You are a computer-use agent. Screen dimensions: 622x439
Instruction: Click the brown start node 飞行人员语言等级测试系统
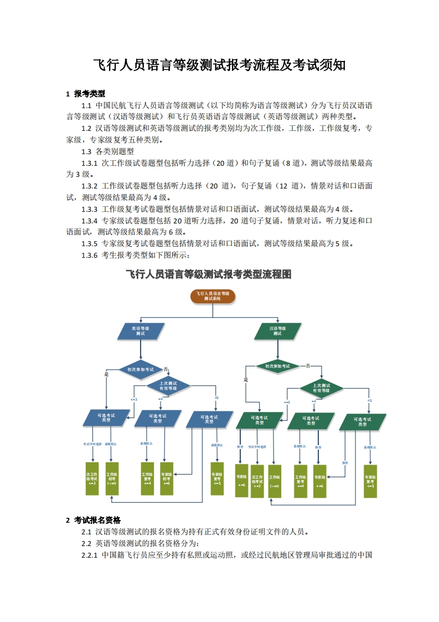point(213,295)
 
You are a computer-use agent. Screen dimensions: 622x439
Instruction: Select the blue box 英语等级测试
point(141,331)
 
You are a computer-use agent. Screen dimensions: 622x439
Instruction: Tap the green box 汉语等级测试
point(277,331)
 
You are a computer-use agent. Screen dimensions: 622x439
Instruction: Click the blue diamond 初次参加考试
point(141,369)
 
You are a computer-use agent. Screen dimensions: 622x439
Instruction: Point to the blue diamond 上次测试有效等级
point(168,385)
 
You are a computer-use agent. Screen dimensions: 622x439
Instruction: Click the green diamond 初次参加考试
point(277,366)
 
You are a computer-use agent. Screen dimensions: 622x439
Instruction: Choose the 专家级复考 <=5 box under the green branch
point(370,481)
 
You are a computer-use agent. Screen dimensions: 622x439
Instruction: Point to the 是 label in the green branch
point(246,380)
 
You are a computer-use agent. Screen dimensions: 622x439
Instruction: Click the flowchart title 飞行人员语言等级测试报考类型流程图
point(209,274)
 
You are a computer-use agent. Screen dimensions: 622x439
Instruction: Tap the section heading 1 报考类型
point(85,94)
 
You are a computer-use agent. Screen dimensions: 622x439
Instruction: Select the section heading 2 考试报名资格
point(93,520)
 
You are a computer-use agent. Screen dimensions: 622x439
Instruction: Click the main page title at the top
point(219,65)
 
